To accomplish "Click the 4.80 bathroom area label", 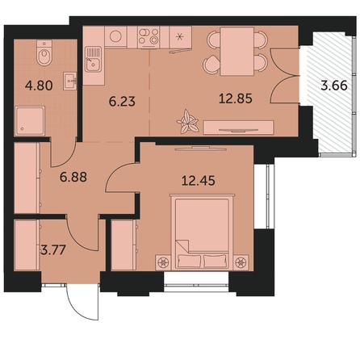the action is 39,86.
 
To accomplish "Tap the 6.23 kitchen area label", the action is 122,102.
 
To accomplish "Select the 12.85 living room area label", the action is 236,98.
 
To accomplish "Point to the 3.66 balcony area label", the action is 334,86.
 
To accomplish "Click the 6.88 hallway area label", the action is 73,178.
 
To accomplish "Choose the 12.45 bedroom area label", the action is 199,181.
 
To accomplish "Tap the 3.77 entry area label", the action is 53,250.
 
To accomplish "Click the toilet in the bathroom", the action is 44,53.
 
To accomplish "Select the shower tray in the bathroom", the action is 30,121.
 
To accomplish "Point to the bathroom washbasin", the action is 70,81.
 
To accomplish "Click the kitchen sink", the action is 94,60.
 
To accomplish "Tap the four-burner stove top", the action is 149,36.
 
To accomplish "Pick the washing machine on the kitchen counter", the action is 115,36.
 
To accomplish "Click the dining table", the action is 237,51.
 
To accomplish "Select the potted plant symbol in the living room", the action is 188,122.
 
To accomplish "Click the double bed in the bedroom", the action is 202,232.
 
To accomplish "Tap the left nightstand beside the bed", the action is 163,262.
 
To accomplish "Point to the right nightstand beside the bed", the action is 241,262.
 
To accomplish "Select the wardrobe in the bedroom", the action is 123,245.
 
